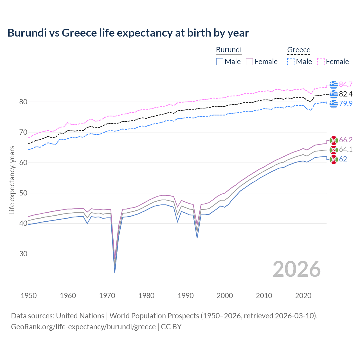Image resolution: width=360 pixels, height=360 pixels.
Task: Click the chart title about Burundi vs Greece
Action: tap(128, 33)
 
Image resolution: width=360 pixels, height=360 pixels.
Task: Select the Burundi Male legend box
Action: tap(220, 62)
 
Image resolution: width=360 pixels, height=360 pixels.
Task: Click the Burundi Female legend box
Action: tap(249, 62)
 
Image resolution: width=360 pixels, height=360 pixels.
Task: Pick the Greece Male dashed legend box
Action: tap(291, 62)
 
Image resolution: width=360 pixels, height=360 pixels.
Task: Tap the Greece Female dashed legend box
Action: tap(321, 62)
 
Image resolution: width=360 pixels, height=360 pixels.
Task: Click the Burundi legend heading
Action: tap(229, 50)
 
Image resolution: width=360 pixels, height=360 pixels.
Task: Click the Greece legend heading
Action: tap(299, 50)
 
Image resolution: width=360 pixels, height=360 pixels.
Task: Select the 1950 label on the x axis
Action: tap(29, 296)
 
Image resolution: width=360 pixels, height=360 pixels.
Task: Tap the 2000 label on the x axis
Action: tap(225, 296)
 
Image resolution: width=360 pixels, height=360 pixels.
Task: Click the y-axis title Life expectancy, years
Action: tap(12, 180)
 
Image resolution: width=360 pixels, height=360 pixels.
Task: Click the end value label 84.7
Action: tap(346, 84)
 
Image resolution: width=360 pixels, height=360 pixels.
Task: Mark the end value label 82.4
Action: tap(346, 94)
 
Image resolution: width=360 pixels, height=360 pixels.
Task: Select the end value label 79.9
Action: tap(346, 103)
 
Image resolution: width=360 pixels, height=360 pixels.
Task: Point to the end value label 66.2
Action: tap(346, 140)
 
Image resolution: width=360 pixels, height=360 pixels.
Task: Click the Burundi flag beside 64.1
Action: tap(334, 150)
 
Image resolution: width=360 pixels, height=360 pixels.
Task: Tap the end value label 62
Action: tap(343, 159)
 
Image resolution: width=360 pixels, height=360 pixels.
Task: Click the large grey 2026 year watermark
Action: tap(296, 269)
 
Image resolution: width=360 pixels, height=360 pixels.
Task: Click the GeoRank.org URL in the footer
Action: tap(83, 327)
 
